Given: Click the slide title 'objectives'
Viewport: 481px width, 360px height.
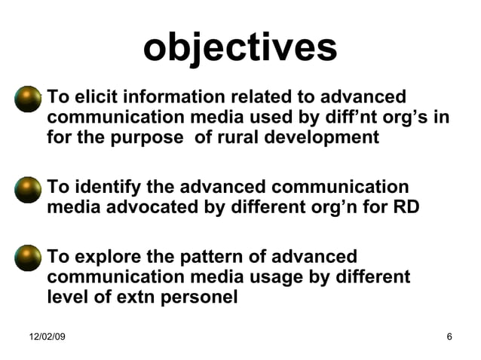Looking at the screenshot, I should point(240,48).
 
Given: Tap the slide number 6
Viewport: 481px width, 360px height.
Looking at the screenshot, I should point(449,336).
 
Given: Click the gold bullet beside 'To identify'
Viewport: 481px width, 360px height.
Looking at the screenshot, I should point(29,188).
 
